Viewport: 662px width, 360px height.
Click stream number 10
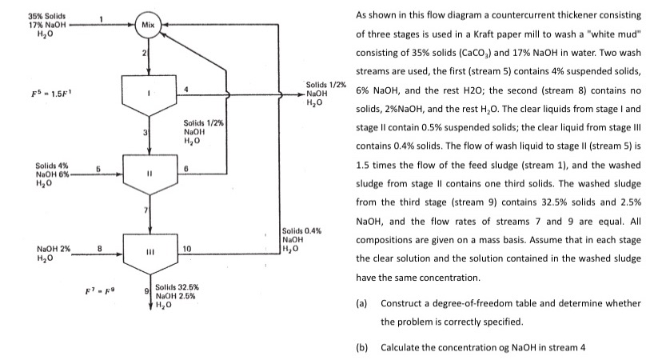coord(187,249)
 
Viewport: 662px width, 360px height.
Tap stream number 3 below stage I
coord(145,130)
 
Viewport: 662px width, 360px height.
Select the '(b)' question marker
coord(363,346)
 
